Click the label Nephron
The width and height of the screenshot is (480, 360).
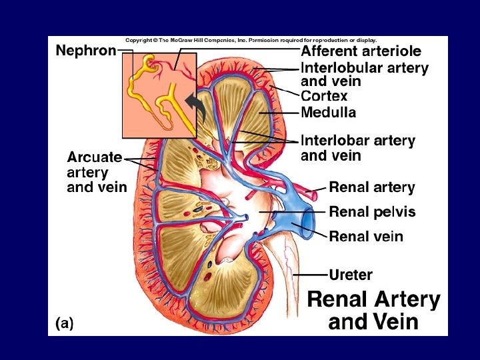(85, 51)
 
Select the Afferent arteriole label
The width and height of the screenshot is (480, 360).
(361, 51)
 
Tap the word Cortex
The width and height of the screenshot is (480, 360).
(324, 97)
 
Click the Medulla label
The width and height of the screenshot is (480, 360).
(328, 113)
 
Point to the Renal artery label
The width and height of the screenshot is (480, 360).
(371, 188)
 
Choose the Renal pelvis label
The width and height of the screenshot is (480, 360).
(372, 212)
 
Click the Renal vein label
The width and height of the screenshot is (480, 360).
(366, 236)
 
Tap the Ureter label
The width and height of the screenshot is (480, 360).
(351, 274)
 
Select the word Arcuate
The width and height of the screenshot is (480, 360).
(94, 157)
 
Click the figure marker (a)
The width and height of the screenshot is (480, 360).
(64, 323)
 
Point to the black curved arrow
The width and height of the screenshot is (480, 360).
(194, 105)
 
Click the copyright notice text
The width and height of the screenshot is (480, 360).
(251, 40)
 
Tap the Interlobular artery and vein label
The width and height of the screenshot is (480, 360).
(364, 74)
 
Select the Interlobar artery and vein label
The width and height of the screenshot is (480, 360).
(357, 148)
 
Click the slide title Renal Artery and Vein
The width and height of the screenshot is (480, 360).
(373, 311)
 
